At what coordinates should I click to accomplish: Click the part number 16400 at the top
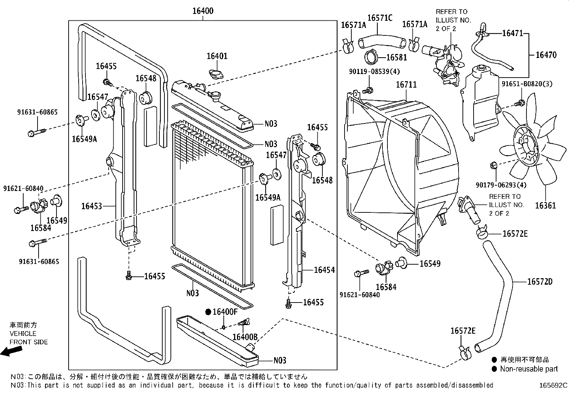[203, 11]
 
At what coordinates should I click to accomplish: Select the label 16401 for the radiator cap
[217, 56]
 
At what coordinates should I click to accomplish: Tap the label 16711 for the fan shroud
[406, 85]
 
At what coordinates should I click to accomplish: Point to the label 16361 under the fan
[545, 206]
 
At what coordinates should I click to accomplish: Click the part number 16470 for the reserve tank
[546, 55]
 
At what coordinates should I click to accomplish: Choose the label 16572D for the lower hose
[540, 282]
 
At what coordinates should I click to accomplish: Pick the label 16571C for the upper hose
[380, 18]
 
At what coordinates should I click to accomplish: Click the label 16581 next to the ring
[397, 57]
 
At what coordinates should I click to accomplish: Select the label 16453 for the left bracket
[91, 206]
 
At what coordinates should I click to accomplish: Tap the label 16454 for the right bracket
[324, 270]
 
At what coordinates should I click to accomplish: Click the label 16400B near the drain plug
[245, 337]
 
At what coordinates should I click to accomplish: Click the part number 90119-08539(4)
[374, 72]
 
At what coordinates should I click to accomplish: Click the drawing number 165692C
[553, 385]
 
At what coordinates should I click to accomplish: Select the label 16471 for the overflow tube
[513, 33]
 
